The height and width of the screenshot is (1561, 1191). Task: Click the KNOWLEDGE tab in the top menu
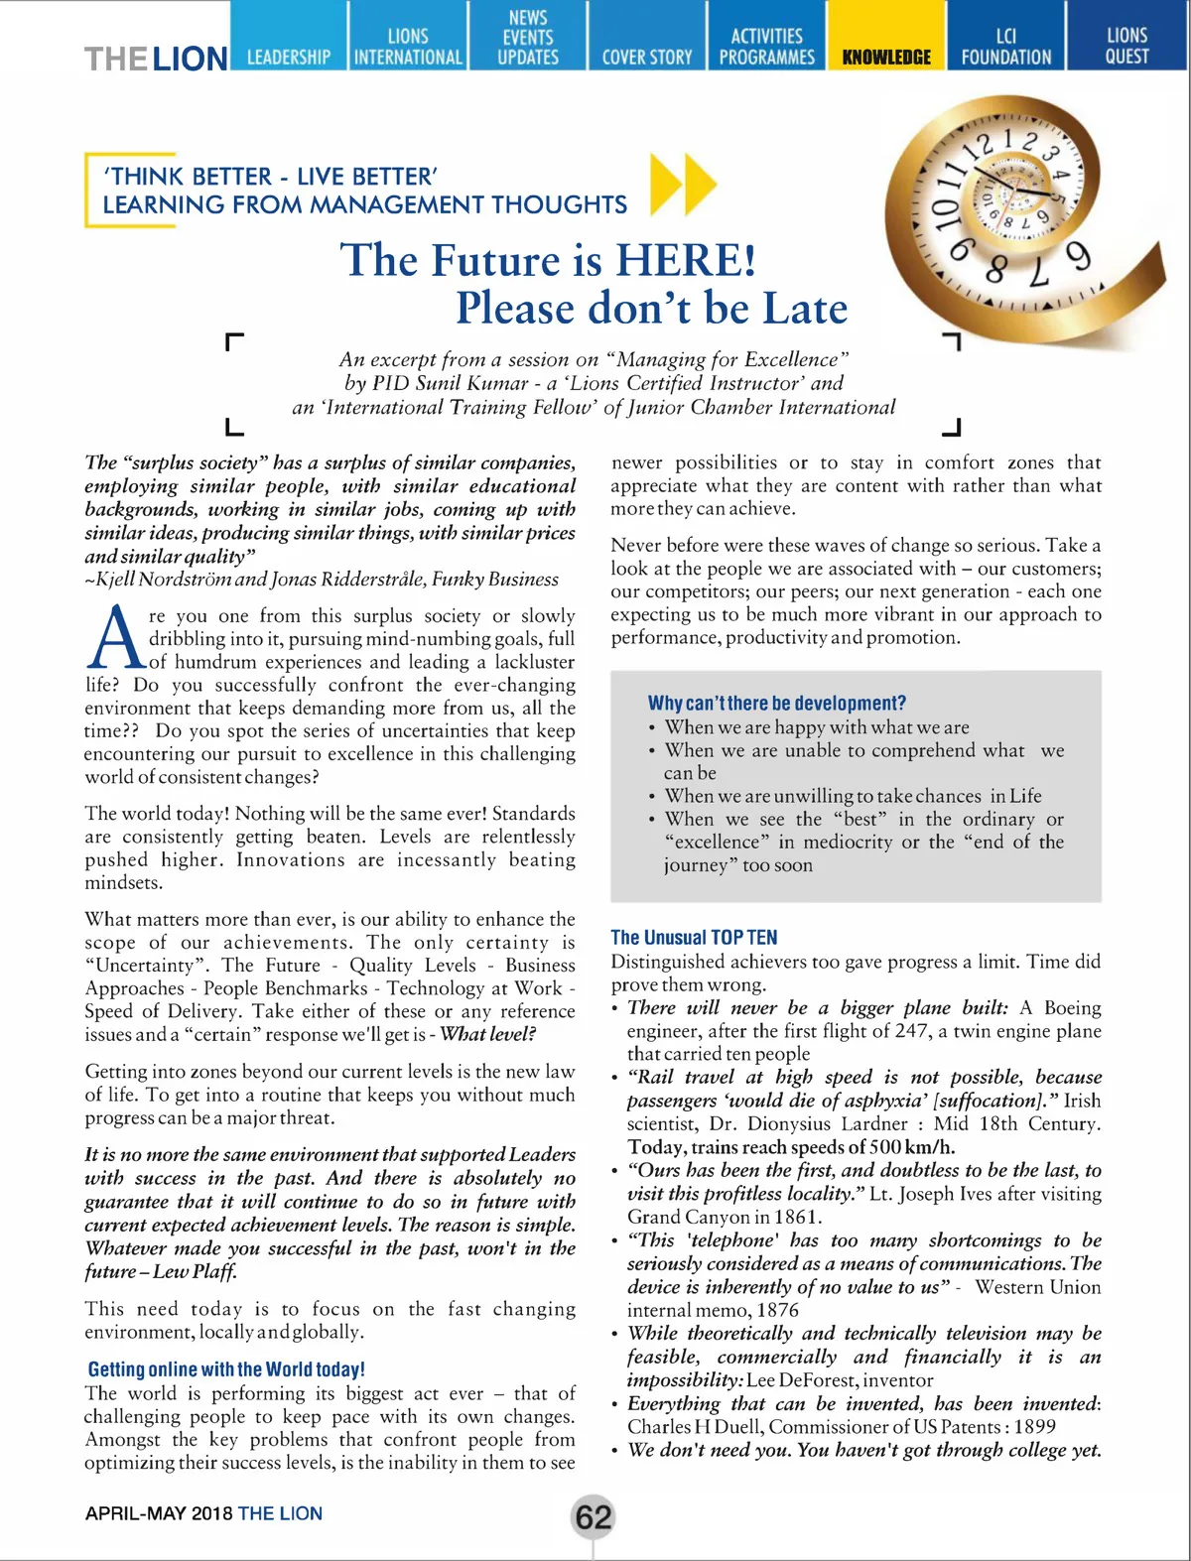pyautogui.click(x=886, y=57)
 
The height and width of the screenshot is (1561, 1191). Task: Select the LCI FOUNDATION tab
pyautogui.click(x=1005, y=47)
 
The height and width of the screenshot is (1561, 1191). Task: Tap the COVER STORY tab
pyautogui.click(x=646, y=57)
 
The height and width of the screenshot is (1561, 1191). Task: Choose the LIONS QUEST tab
pyautogui.click(x=1126, y=47)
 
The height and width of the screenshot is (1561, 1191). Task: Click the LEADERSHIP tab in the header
pyautogui.click(x=289, y=57)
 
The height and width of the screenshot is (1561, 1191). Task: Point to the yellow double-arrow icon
pyautogui.click(x=684, y=185)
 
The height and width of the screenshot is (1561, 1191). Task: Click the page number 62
pyautogui.click(x=594, y=1517)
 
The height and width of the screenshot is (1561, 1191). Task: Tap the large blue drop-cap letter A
pyautogui.click(x=115, y=638)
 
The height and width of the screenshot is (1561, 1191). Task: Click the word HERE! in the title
pyautogui.click(x=686, y=260)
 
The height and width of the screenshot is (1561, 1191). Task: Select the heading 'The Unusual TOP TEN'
pyautogui.click(x=694, y=937)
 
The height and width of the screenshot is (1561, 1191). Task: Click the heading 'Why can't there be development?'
pyautogui.click(x=776, y=703)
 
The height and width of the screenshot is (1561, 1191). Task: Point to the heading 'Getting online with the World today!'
pyautogui.click(x=226, y=1369)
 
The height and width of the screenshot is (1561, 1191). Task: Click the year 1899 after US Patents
pyautogui.click(x=1033, y=1426)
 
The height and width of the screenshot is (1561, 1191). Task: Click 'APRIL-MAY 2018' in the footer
pyautogui.click(x=159, y=1513)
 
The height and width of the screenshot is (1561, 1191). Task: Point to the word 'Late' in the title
pyautogui.click(x=805, y=308)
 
